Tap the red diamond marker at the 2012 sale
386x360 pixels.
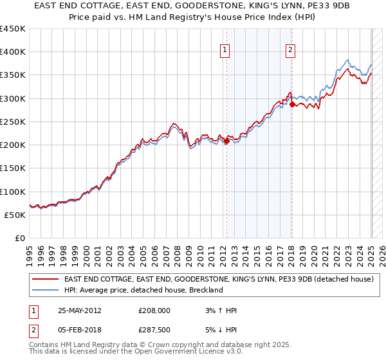click(226, 141)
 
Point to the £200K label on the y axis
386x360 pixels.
click(13, 145)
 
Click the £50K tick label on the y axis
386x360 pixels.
click(15, 215)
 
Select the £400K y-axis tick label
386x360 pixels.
click(13, 52)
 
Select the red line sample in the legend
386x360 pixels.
click(46, 280)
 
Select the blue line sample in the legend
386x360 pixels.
click(46, 290)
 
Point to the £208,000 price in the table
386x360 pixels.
click(154, 310)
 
